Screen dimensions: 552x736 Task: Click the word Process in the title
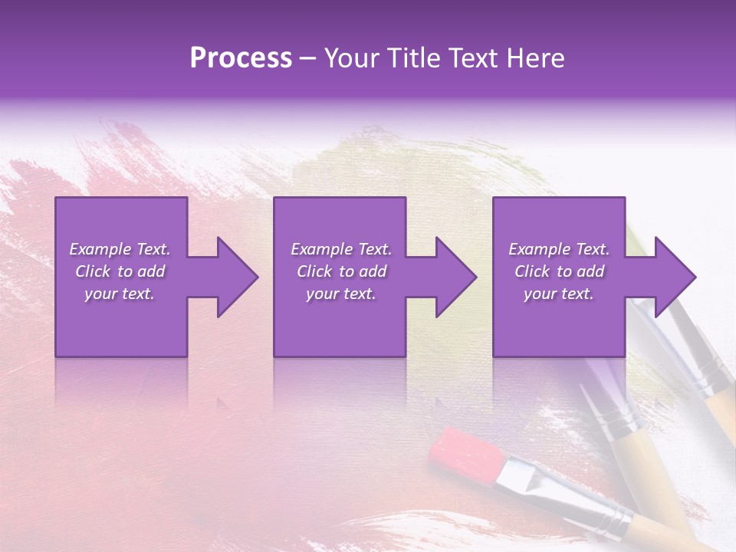241,58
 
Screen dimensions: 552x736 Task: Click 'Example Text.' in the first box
120,249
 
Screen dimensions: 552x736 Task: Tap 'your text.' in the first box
120,294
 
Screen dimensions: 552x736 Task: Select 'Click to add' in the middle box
341,271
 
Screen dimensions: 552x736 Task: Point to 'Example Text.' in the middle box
341,249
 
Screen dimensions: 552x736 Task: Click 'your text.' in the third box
559,294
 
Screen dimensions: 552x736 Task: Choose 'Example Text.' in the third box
559,249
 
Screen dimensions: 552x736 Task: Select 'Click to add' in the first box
120,271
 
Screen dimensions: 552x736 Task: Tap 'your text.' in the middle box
341,294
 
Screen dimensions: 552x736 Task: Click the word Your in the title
350,58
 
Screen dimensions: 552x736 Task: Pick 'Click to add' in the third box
559,271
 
